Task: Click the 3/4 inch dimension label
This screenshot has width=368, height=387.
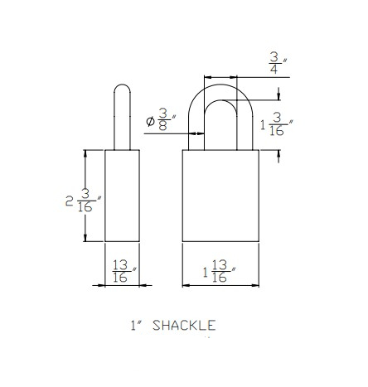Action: coord(278,63)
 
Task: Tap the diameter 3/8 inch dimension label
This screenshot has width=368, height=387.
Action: coord(161,119)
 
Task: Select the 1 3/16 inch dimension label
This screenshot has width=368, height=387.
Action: coord(277,125)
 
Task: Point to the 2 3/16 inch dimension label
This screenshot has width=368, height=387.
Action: coord(84,201)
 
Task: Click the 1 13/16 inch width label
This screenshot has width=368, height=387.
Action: coord(219,272)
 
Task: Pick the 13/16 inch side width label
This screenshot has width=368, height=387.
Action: coord(123,272)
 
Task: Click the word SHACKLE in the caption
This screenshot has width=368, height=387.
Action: coord(184,326)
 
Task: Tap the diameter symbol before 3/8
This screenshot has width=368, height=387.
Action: coord(150,121)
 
